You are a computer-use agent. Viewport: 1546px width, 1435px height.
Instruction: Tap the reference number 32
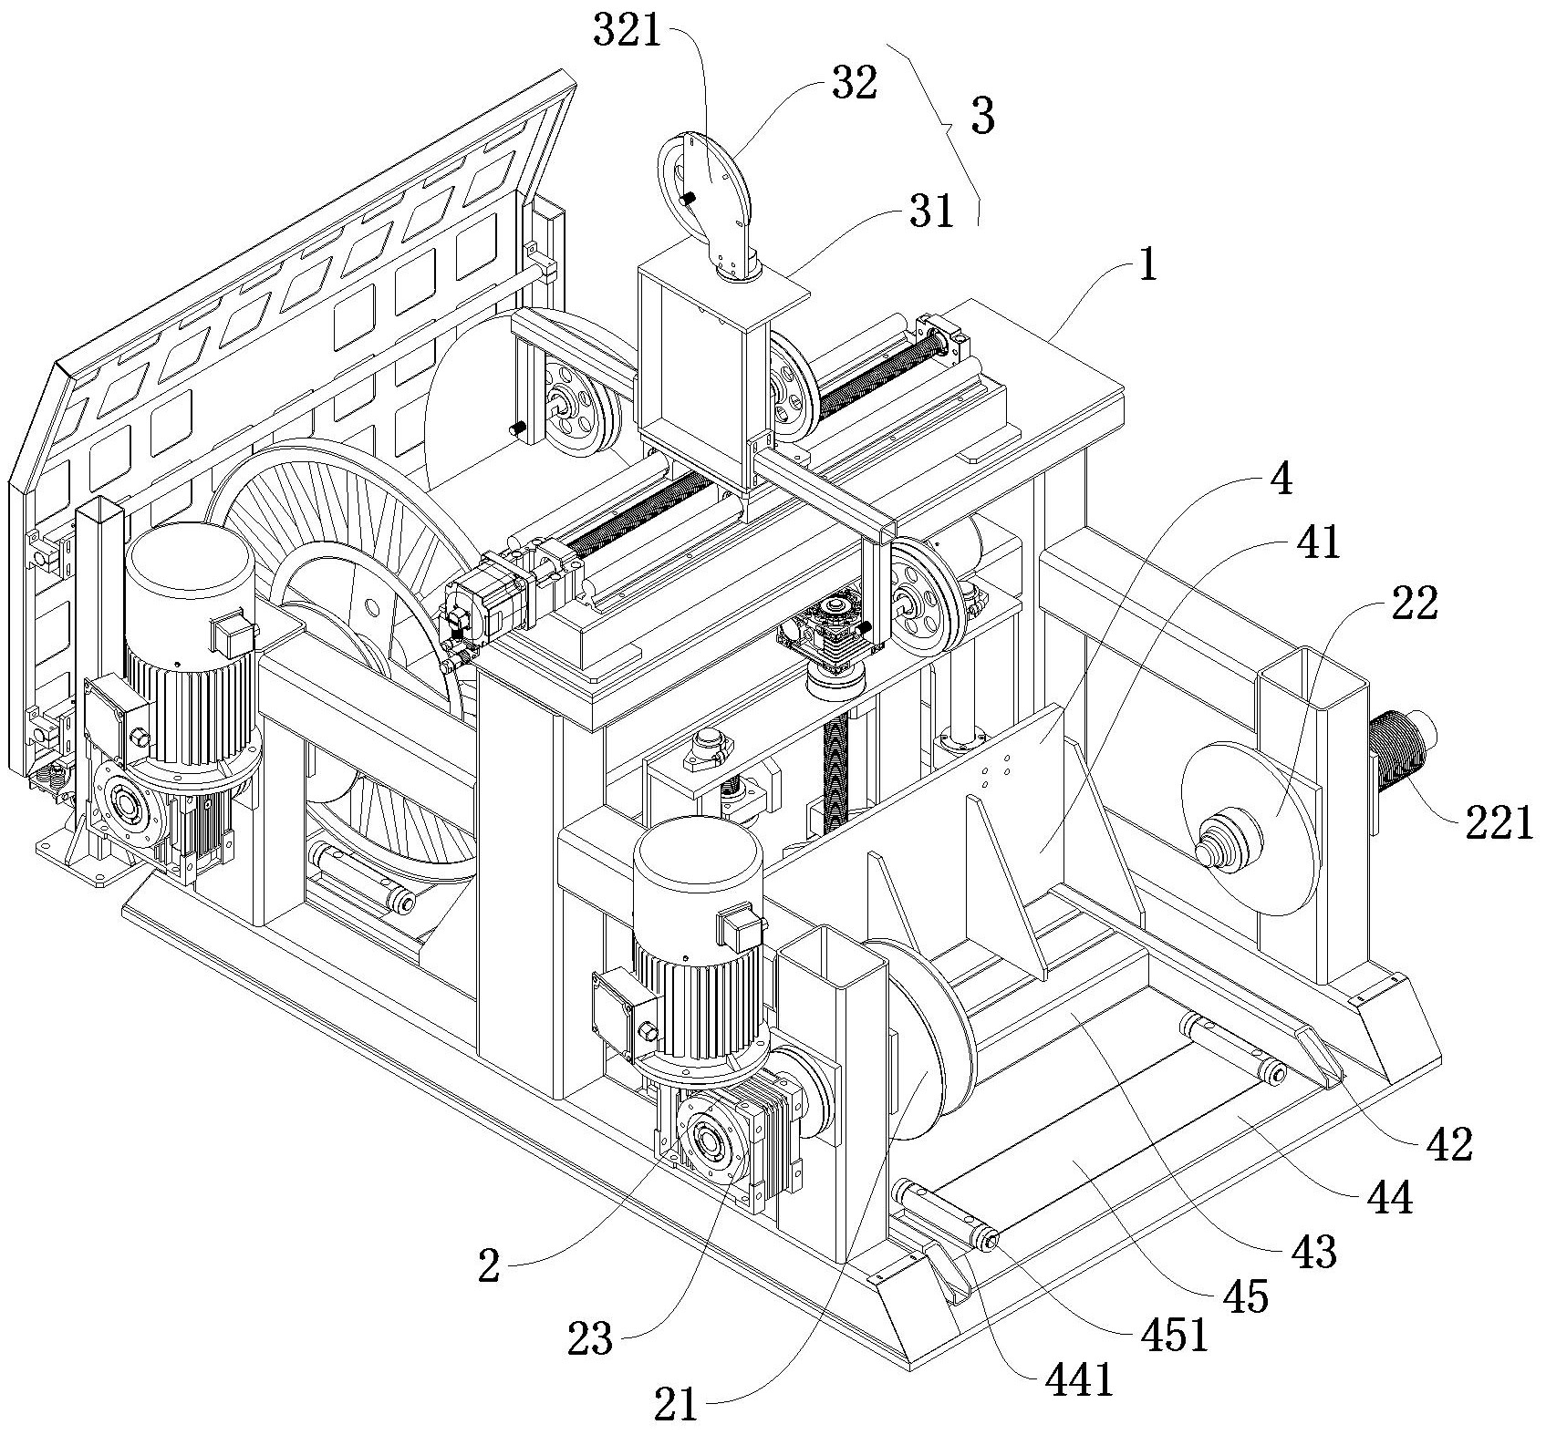tap(854, 84)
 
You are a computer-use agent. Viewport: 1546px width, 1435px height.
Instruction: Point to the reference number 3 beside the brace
tap(981, 118)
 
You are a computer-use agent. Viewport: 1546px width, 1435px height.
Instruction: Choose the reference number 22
tap(1413, 604)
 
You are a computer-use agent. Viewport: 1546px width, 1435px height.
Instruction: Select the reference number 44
tap(1390, 1197)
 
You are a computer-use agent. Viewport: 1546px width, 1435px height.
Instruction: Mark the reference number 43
tap(1314, 1253)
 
